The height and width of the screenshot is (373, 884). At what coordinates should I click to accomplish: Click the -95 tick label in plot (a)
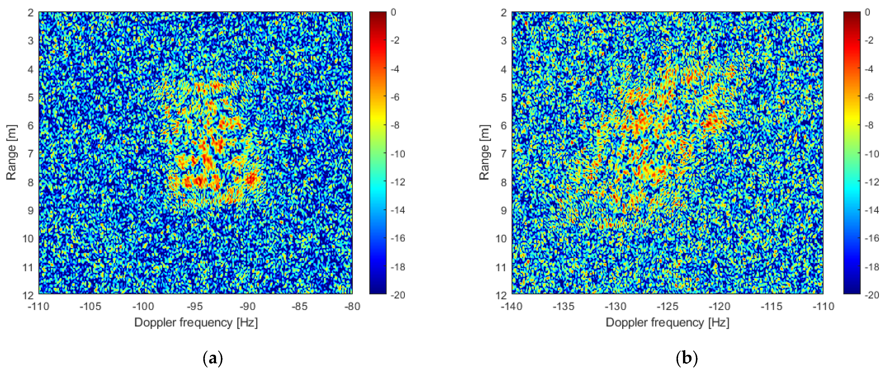pyautogui.click(x=195, y=306)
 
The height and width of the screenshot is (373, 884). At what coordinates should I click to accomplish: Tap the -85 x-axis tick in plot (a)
pyautogui.click(x=300, y=306)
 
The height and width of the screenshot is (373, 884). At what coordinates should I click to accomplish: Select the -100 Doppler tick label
pyautogui.click(x=143, y=306)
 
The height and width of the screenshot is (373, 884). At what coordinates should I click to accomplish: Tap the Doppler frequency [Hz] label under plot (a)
pyautogui.click(x=196, y=323)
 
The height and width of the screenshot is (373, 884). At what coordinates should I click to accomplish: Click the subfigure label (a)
pyautogui.click(x=213, y=359)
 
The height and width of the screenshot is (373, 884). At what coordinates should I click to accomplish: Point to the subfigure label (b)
pyautogui.click(x=686, y=359)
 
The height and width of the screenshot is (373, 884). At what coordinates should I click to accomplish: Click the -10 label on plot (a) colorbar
pyautogui.click(x=398, y=154)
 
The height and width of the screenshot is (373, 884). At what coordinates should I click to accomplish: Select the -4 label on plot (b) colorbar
pyautogui.click(x=869, y=69)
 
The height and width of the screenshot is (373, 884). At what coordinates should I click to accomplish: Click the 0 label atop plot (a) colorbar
pyautogui.click(x=393, y=12)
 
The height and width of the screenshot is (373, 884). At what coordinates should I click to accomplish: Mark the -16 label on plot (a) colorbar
pyautogui.click(x=398, y=238)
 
